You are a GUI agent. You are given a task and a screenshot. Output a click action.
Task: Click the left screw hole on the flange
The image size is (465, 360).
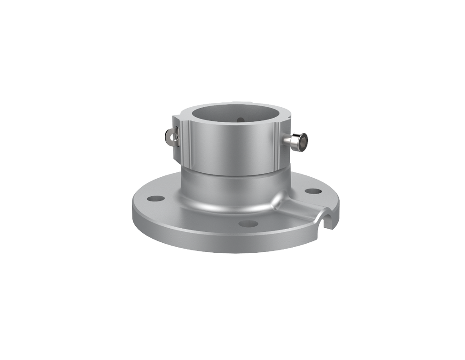click(156, 199)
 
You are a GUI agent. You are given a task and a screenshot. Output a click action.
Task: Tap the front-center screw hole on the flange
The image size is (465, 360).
click(248, 223)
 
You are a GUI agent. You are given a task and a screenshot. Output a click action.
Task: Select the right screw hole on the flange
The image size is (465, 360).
click(313, 191)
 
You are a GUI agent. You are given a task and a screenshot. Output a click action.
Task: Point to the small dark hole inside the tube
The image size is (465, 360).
click(241, 120)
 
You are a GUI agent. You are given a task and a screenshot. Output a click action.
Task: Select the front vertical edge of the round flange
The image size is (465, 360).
click(227, 243)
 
